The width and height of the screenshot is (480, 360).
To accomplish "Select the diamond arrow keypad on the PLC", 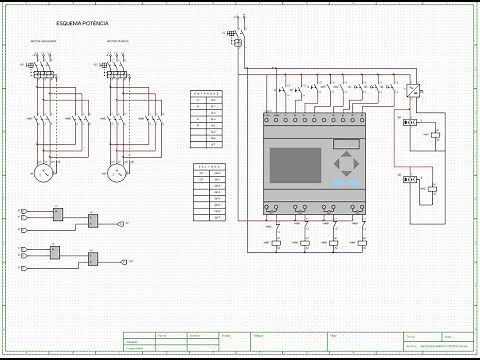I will (x=346, y=163).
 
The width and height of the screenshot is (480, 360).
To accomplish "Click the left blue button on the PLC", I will (x=339, y=183).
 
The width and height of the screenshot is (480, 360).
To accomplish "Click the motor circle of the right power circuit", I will (x=120, y=172).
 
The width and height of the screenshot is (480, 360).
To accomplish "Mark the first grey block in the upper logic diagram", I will (x=57, y=212).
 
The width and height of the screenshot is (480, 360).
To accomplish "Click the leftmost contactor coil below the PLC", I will (x=277, y=243).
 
